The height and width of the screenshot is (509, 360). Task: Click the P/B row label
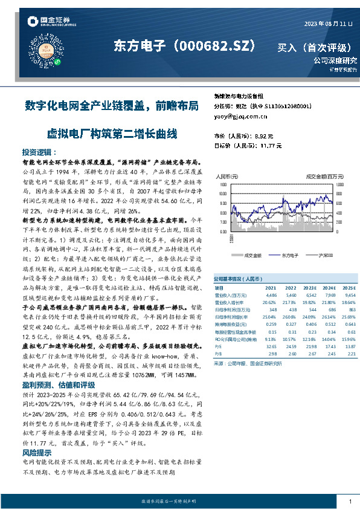(219, 354)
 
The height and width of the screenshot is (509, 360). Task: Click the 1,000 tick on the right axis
(339, 183)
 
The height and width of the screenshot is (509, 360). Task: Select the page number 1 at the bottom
(349, 501)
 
